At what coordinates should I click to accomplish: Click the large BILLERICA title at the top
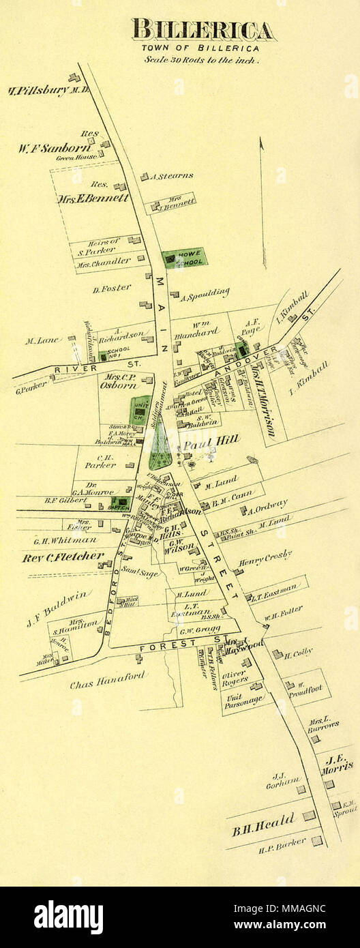[x=203, y=30]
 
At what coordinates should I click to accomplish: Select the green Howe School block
[x=184, y=258]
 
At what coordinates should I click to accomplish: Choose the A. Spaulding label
[x=205, y=293]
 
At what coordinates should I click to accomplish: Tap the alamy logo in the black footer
[x=68, y=917]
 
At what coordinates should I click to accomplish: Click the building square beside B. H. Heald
[x=309, y=815]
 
